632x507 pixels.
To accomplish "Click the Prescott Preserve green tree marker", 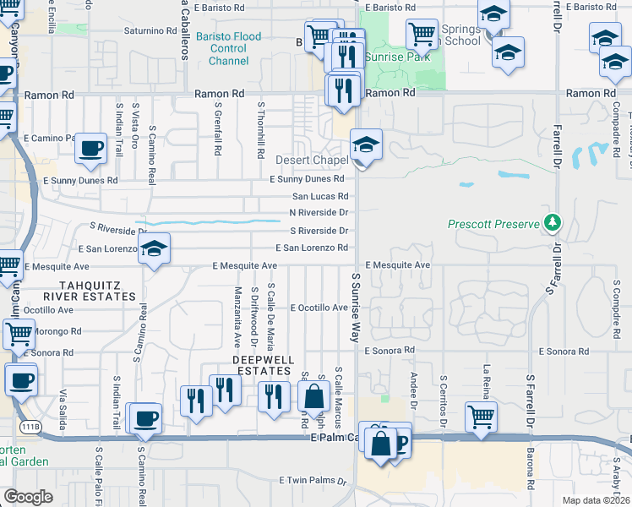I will point(553,223).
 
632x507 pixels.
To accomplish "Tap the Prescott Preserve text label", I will point(493,224).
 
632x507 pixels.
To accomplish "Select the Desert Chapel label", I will point(312,161).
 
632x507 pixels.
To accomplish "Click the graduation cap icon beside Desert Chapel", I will point(366,144).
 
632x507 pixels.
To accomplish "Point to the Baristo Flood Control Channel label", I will point(228,49).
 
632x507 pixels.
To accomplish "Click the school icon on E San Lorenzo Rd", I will point(154,248).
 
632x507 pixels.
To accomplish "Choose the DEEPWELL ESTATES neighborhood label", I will point(263,365).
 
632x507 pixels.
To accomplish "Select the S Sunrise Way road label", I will point(355,307).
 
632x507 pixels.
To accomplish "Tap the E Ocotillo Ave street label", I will point(319,308).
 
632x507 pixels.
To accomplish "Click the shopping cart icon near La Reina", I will point(480,416).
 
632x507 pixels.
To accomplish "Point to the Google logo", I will point(28,497).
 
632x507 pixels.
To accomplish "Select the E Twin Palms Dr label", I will point(313,480).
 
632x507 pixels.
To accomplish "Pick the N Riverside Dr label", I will point(319,213).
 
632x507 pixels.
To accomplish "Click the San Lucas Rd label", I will point(319,196).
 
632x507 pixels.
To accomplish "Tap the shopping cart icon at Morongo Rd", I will point(18,333).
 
